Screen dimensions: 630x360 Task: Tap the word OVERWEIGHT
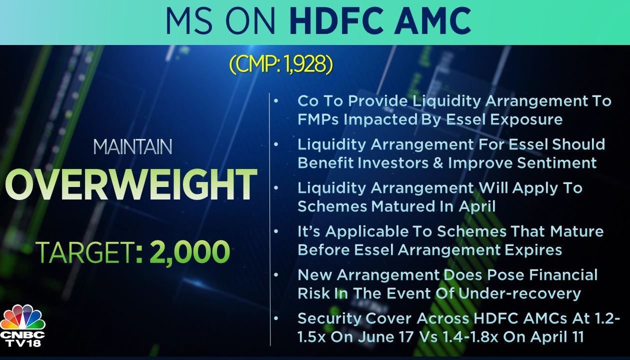pos(131,185)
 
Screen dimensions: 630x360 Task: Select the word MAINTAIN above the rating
pos(132,147)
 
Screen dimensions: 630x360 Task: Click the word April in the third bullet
pos(477,207)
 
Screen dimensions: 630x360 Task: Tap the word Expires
pos(531,250)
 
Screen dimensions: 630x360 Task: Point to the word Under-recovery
pos(519,293)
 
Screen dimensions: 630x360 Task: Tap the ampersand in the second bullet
pos(438,163)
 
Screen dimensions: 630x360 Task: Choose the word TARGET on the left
pos(85,252)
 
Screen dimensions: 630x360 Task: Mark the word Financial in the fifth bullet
pos(563,275)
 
